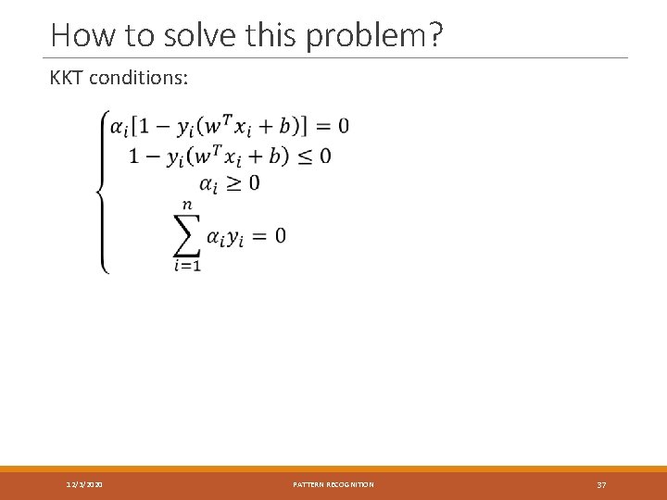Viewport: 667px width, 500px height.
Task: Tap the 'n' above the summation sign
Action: point(188,205)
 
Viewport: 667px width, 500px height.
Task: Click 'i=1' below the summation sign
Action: point(188,266)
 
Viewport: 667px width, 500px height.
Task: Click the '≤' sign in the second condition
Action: point(299,156)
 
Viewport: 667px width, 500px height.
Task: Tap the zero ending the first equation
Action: point(344,125)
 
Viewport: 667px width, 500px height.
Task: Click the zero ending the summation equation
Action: point(280,236)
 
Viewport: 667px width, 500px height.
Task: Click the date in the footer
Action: point(85,484)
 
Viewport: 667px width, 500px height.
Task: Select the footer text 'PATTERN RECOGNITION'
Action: point(333,484)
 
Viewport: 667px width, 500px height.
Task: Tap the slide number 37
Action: point(601,484)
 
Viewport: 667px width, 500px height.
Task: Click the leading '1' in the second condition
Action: point(134,156)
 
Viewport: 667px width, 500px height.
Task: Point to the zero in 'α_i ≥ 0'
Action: point(254,182)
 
